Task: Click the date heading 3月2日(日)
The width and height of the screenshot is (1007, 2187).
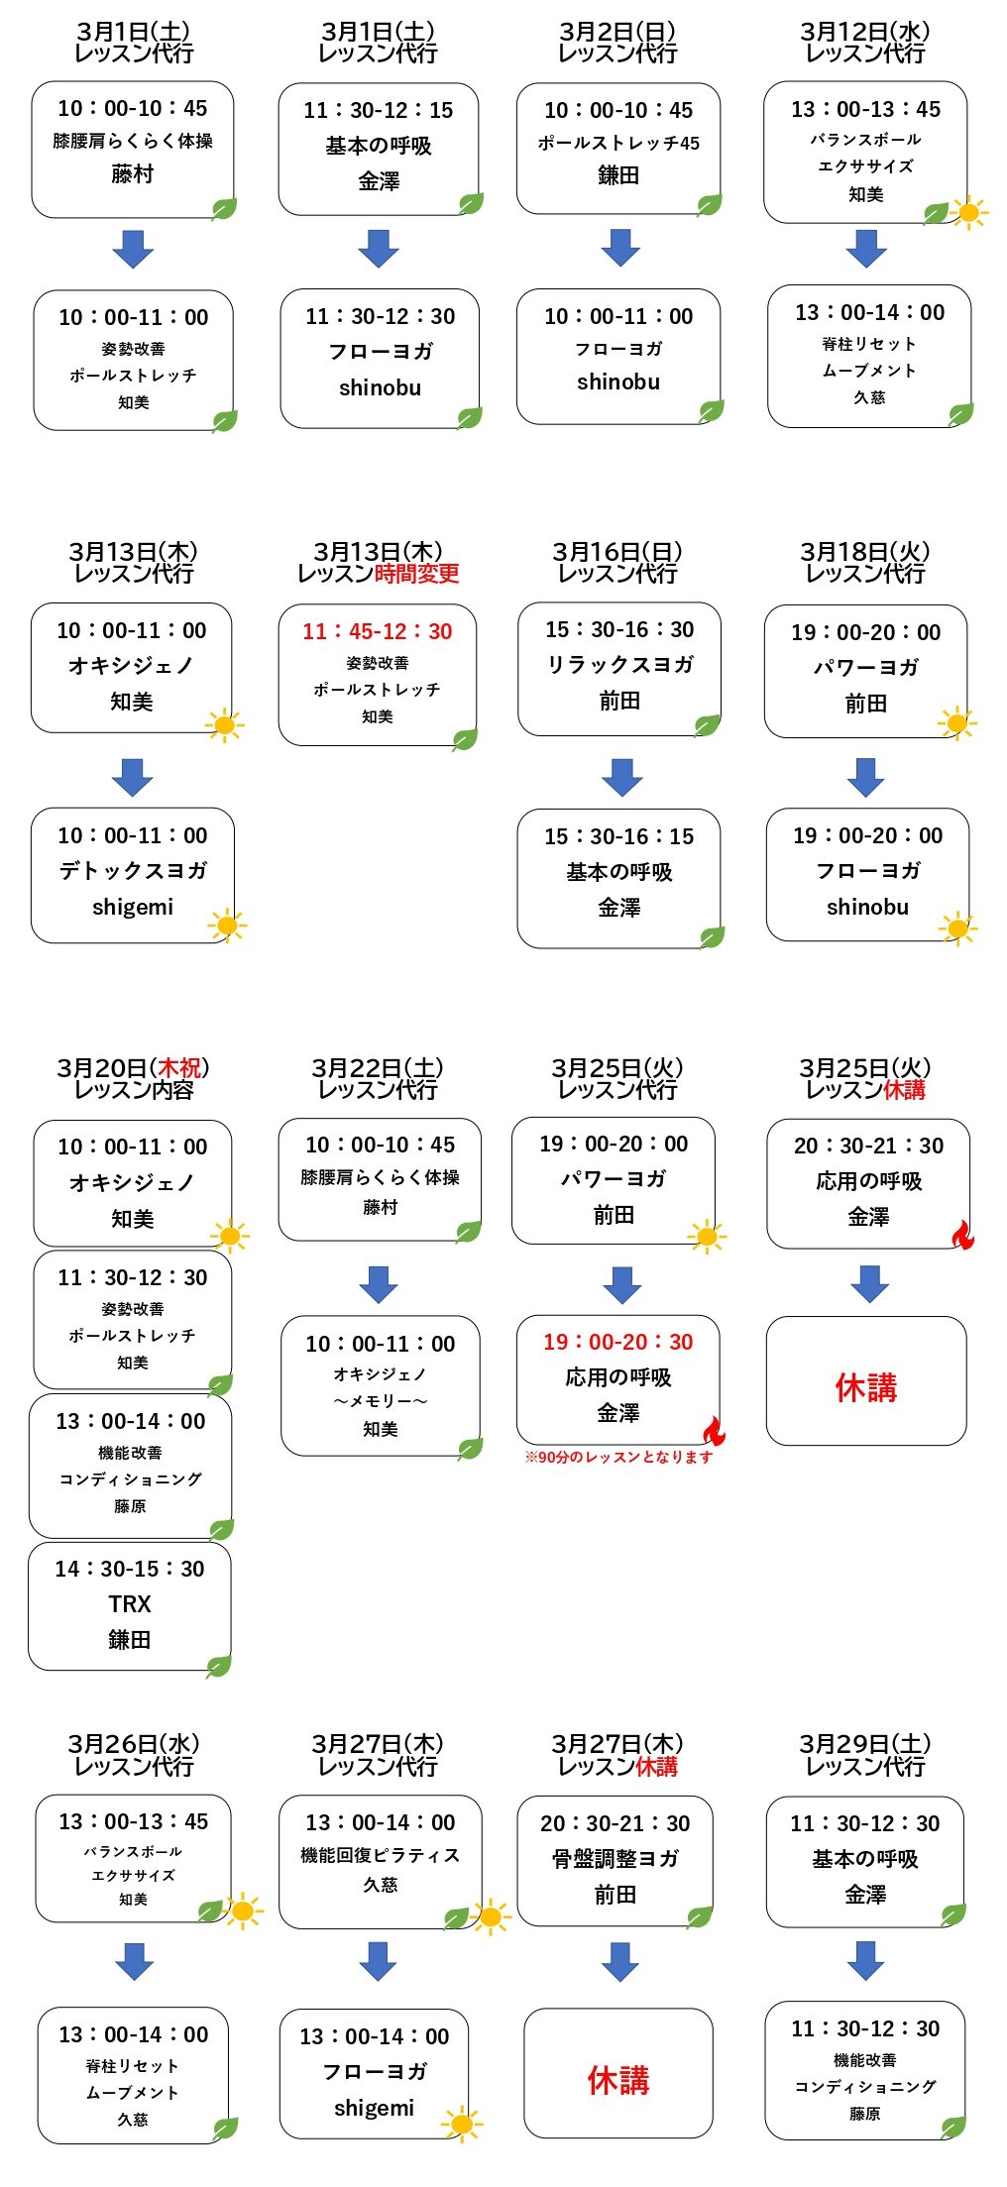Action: click(x=618, y=33)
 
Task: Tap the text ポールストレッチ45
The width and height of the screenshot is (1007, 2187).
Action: click(x=618, y=144)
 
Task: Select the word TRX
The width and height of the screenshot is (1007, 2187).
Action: click(x=130, y=1604)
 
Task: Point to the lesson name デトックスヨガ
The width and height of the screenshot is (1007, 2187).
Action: click(x=133, y=871)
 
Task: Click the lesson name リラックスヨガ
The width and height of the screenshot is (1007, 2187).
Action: click(x=620, y=665)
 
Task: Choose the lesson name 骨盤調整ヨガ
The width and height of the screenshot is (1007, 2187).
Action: click(x=615, y=1859)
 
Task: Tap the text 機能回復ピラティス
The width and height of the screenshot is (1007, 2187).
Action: click(x=381, y=1855)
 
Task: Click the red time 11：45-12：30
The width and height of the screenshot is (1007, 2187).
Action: click(x=378, y=632)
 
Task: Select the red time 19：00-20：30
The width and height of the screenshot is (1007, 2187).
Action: click(x=618, y=1343)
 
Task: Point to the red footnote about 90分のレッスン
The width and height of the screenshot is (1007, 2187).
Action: click(x=618, y=1457)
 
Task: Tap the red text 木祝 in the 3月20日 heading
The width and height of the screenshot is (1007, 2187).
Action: click(x=179, y=1068)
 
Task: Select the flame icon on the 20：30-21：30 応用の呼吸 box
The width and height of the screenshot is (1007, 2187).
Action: click(x=962, y=1236)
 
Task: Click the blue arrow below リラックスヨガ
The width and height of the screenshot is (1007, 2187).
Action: click(x=622, y=777)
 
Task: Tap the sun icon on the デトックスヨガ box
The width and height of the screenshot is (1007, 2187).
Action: click(x=227, y=927)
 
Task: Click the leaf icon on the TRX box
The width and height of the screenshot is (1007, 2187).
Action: click(x=219, y=1667)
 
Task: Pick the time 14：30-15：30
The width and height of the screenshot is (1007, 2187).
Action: click(x=130, y=1570)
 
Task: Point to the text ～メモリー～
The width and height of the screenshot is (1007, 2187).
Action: click(x=381, y=1402)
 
